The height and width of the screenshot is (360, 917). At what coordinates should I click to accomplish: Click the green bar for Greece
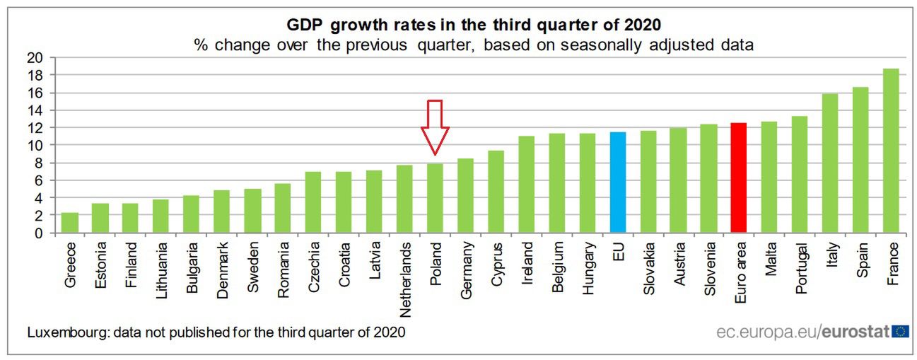(70, 222)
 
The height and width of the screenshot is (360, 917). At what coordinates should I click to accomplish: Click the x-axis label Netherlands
(405, 279)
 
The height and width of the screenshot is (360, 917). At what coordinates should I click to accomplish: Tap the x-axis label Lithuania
(162, 273)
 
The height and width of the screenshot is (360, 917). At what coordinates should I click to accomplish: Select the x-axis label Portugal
(800, 269)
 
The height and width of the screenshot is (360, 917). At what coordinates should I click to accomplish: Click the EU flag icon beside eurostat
(900, 331)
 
